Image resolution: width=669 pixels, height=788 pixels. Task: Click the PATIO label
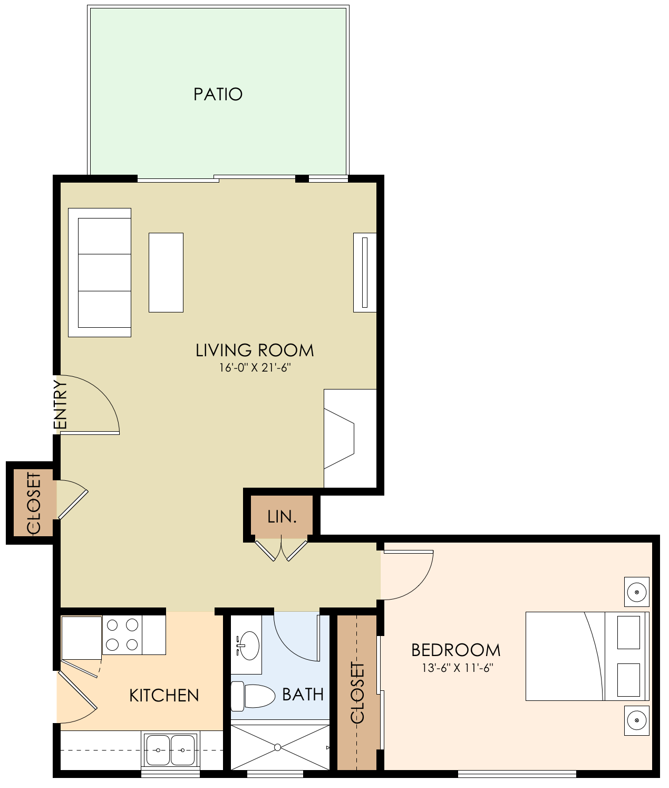218,94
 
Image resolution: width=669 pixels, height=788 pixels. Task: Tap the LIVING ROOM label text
255,350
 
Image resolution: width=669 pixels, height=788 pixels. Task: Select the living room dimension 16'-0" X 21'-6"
255,368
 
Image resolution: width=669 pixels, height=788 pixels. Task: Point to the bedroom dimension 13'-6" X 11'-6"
457,668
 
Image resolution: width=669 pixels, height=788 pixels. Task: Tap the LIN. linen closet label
282,517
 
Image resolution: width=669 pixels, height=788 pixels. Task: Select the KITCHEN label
164,696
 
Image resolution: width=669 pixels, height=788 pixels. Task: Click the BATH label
303,695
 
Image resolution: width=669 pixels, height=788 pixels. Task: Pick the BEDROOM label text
456,650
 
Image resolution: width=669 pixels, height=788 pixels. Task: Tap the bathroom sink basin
248,645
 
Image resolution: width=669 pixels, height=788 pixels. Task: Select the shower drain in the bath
277,747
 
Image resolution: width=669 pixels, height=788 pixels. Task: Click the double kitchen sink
170,750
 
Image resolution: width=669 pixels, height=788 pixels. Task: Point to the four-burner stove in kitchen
122,635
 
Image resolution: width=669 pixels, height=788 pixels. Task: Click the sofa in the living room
100,272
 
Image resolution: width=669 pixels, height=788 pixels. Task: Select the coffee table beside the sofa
166,272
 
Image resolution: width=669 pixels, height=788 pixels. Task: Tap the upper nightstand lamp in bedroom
637,592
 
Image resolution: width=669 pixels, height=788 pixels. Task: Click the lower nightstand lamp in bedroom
637,720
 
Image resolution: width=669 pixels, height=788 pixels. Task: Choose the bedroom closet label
357,692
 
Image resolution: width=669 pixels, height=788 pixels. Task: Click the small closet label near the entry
33,503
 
